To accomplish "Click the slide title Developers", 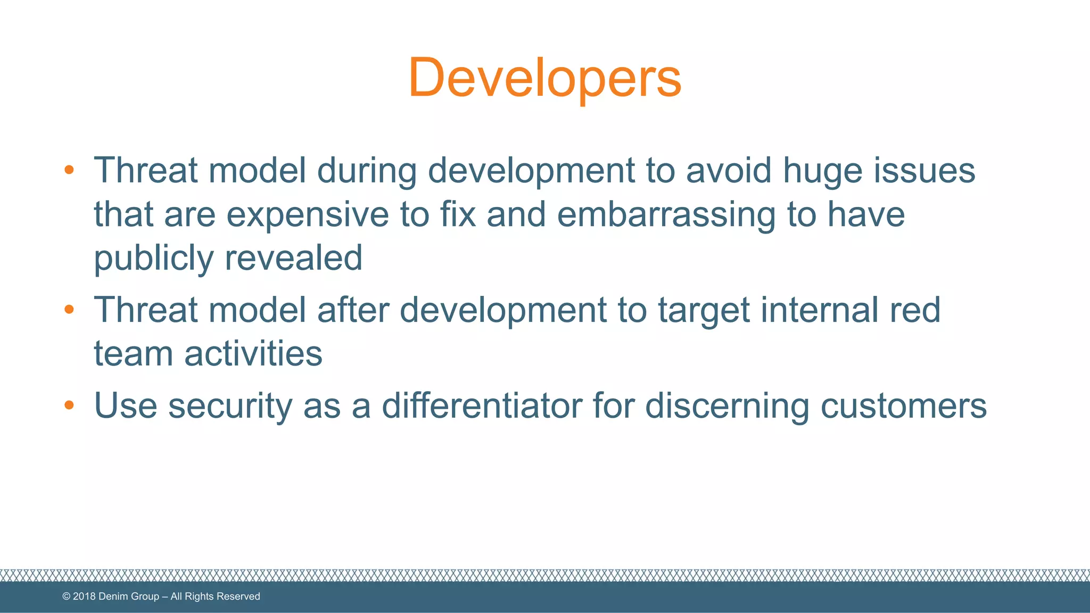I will [544, 78].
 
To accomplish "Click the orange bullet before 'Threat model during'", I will [69, 170].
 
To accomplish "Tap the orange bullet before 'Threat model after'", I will [69, 309].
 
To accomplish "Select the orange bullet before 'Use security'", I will [69, 405].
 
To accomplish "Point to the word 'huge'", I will [822, 171].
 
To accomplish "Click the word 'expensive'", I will [308, 215].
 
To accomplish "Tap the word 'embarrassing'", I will [666, 215].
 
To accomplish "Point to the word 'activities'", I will [253, 353].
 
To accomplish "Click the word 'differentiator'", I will [482, 405].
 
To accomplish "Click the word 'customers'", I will [904, 405].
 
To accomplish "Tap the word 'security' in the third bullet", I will [230, 407].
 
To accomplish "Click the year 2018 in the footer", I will [84, 597].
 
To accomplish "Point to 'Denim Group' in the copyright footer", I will [129, 597].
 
